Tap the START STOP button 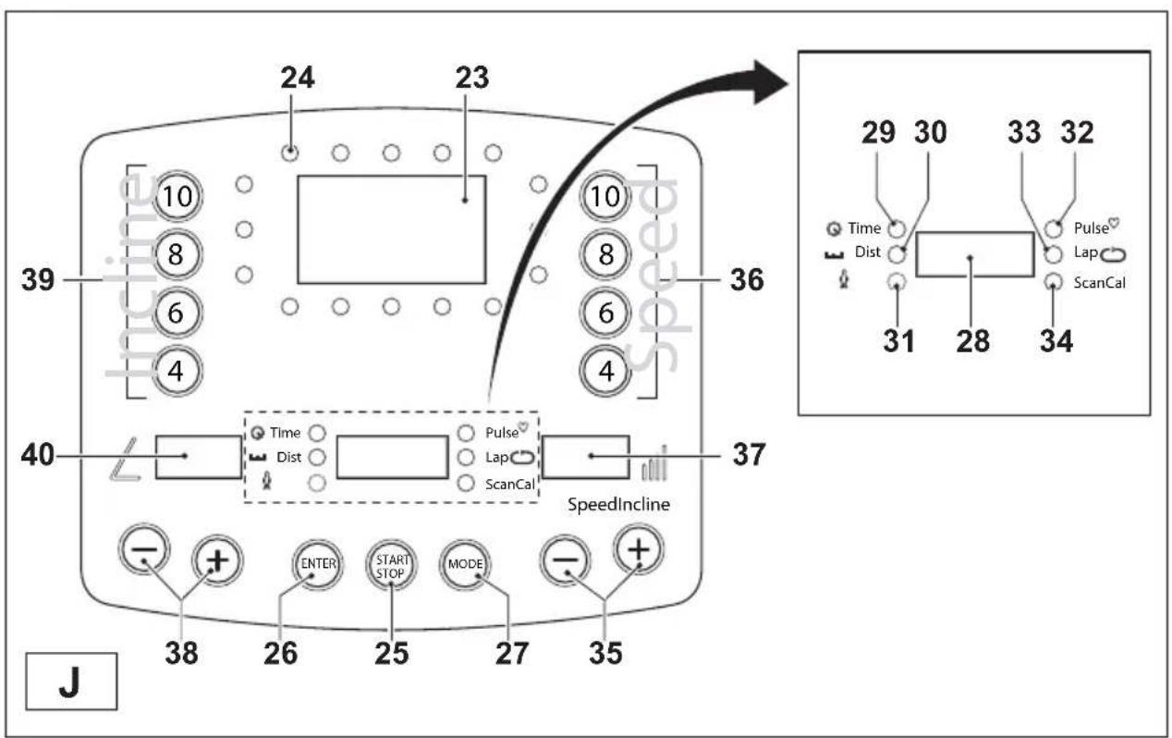click(391, 566)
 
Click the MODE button click(465, 565)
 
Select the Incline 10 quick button click(177, 197)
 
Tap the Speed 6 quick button click(605, 313)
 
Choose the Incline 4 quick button click(177, 372)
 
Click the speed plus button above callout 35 click(639, 549)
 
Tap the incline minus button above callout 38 click(144, 549)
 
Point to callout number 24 click(298, 78)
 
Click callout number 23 click(472, 78)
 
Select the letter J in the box click(70, 682)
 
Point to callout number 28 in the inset click(973, 341)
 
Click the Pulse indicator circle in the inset click(1054, 228)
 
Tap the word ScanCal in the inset click(1099, 283)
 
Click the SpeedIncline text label click(618, 505)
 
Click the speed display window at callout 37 click(585, 457)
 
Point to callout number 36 click(747, 280)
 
